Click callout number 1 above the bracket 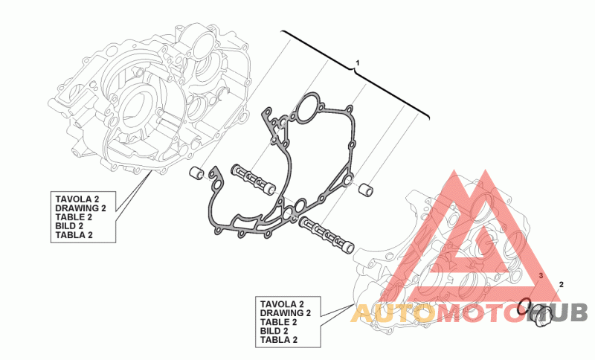click(357, 62)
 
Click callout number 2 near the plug click(562, 285)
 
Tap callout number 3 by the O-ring click(541, 275)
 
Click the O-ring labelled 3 click(524, 306)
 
